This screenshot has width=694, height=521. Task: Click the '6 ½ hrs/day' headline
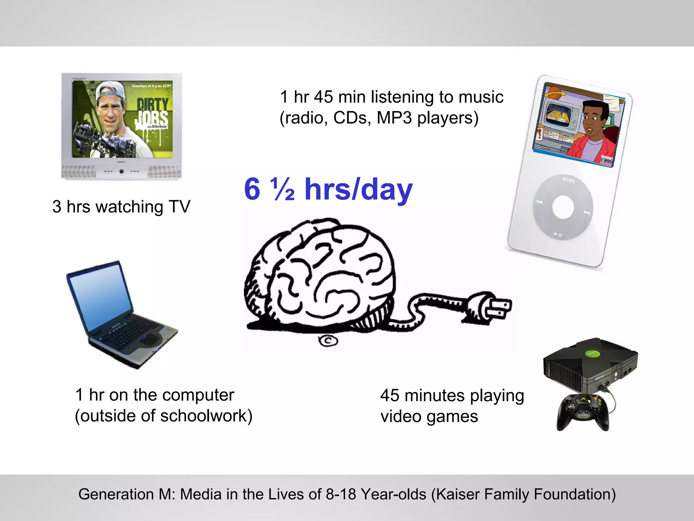click(328, 189)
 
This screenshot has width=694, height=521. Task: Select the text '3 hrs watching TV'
click(121, 207)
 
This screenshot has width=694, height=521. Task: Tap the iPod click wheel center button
click(563, 207)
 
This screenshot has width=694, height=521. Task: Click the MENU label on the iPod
click(568, 180)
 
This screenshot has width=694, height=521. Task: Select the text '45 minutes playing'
click(452, 395)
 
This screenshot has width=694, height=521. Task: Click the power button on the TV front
click(121, 172)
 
